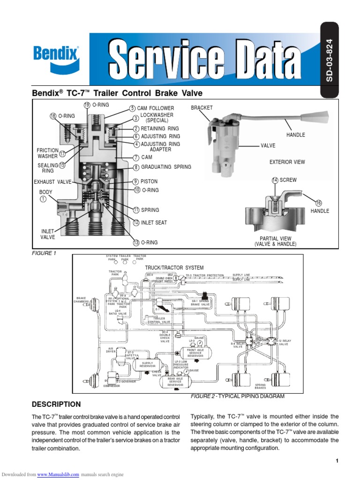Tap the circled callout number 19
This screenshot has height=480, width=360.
tap(87, 105)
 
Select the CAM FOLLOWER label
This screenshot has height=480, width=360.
tap(155, 108)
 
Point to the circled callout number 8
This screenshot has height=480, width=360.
tap(136, 167)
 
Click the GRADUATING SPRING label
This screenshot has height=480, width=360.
tap(166, 167)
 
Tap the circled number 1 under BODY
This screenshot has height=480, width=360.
tap(43, 199)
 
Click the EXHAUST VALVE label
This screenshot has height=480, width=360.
tap(52, 181)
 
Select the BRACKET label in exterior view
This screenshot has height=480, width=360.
tap(202, 108)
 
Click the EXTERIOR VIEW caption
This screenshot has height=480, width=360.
tap(287, 162)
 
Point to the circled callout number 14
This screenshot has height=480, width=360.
tap(275, 180)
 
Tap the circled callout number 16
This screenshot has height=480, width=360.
tap(319, 203)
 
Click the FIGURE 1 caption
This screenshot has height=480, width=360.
tap(44, 253)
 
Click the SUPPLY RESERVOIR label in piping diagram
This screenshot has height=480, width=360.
tap(148, 364)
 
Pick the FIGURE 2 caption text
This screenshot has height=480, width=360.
tap(237, 396)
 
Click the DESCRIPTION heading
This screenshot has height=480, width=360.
tap(56, 404)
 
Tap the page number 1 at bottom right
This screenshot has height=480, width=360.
tap(337, 461)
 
